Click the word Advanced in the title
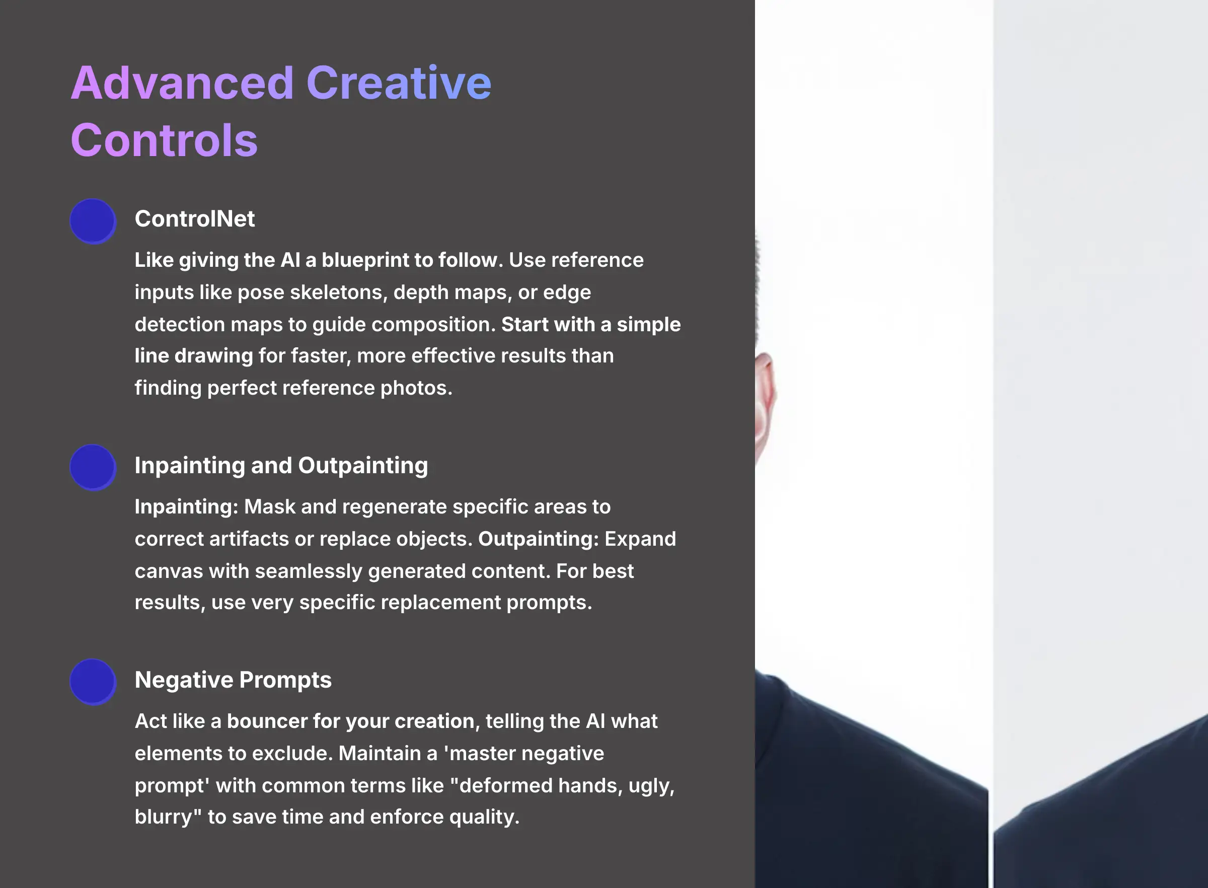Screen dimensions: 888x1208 182,84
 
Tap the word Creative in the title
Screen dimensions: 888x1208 398,84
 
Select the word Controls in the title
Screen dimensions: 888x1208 164,140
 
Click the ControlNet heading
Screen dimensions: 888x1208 194,219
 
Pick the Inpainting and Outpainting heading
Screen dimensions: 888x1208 281,466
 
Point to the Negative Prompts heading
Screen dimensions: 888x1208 233,680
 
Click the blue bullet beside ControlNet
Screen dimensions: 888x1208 93,221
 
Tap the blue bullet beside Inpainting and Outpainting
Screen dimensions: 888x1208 93,467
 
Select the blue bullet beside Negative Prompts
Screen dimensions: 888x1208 93,682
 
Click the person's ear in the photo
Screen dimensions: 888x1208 765,398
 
